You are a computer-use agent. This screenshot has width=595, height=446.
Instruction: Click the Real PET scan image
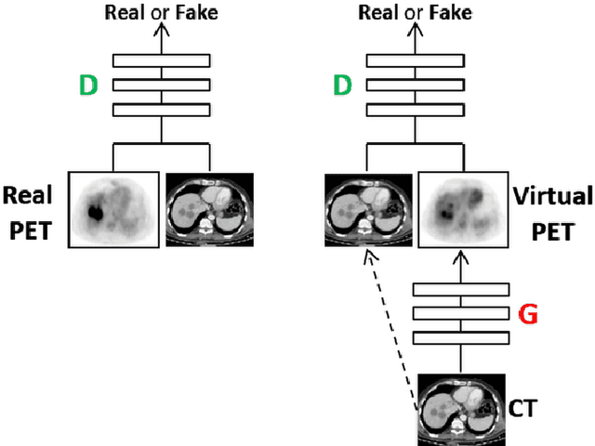point(115,209)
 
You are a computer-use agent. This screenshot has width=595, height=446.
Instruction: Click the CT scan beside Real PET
point(210,209)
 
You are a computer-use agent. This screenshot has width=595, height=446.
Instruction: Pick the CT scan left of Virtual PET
point(368,209)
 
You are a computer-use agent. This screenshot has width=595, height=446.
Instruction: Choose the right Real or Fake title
point(416,13)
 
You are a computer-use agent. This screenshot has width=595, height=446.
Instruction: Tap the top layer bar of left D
point(163,61)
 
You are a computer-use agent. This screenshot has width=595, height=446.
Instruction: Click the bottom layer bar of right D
point(416,110)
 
